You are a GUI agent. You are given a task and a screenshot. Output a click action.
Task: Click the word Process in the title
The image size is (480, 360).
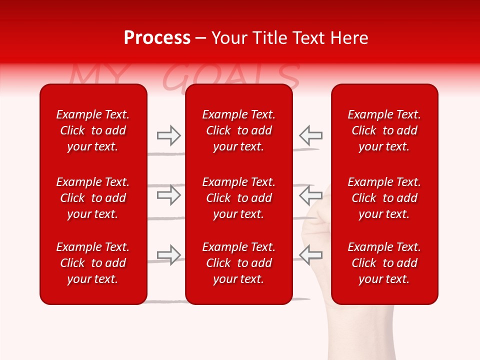pos(157,38)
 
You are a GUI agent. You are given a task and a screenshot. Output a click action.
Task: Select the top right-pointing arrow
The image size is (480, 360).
pos(168,135)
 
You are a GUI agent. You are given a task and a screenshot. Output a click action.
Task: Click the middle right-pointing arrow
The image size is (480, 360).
pos(168,195)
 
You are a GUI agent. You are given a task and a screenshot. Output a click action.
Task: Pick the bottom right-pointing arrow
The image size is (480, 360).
pos(168,255)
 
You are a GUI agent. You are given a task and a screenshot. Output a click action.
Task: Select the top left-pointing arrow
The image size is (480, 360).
pos(310,135)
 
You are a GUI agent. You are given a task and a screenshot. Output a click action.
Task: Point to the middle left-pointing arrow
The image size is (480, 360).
pos(310,195)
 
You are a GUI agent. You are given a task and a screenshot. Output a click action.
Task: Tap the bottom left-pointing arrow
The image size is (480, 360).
pos(310,255)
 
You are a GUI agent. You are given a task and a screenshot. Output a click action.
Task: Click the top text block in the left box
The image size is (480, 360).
pos(93,130)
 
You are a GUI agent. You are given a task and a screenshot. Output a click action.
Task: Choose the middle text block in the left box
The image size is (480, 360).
pos(93,198)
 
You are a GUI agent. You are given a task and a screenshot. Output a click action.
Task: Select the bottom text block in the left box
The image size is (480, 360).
pos(93,263)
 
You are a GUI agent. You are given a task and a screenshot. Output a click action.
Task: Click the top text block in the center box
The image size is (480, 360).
pos(238,130)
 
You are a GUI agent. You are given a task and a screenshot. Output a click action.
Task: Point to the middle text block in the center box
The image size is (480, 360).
pos(238,198)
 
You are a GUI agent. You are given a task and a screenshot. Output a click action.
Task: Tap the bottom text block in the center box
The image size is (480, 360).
pos(238,263)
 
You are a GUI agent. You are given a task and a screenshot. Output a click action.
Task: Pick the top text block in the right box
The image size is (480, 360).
pos(384,130)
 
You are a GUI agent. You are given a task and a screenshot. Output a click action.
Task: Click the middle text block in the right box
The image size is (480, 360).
pos(384,198)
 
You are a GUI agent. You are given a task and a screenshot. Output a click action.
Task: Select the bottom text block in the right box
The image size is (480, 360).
pos(384,263)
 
